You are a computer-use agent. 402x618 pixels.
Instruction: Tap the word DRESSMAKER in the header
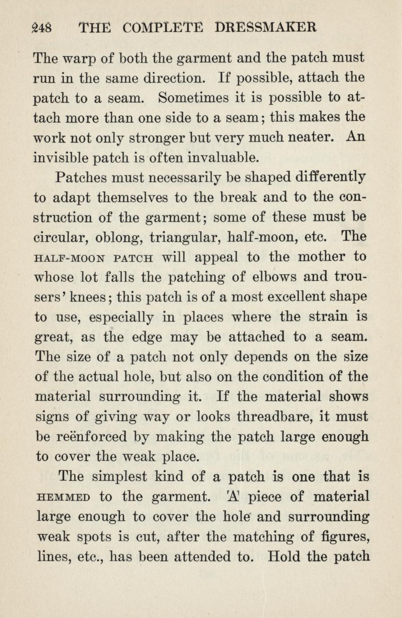266,27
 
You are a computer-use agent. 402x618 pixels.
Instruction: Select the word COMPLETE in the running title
163,28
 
